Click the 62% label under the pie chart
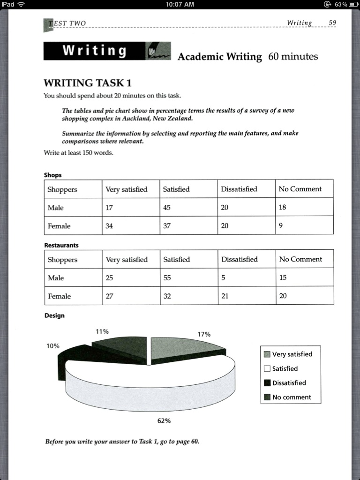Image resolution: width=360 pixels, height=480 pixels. (x=164, y=421)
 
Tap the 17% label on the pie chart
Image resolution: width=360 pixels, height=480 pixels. (x=204, y=334)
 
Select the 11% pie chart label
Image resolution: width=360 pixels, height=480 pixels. (x=102, y=331)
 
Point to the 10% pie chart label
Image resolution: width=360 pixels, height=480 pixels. (x=53, y=346)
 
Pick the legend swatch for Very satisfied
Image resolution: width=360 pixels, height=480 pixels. (x=267, y=354)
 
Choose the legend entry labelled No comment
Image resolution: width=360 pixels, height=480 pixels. (x=291, y=397)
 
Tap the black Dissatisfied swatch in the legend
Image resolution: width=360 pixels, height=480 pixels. (x=267, y=383)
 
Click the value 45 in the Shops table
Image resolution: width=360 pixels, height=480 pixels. (x=167, y=207)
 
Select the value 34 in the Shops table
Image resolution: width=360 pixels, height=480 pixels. (x=109, y=225)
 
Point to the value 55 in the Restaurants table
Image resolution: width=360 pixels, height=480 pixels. (x=167, y=277)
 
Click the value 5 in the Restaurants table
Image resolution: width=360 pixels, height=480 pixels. (x=224, y=277)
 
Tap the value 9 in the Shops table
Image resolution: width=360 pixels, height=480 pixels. (x=281, y=225)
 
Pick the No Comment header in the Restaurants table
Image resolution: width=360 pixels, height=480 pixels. (x=300, y=259)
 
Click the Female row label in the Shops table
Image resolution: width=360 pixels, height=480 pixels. (x=59, y=225)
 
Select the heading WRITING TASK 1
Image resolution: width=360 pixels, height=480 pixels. (x=88, y=83)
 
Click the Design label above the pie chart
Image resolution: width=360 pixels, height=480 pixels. (x=54, y=315)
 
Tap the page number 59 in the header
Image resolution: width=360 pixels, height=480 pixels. (x=332, y=22)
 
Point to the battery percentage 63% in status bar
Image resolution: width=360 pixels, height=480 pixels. (x=341, y=4)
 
